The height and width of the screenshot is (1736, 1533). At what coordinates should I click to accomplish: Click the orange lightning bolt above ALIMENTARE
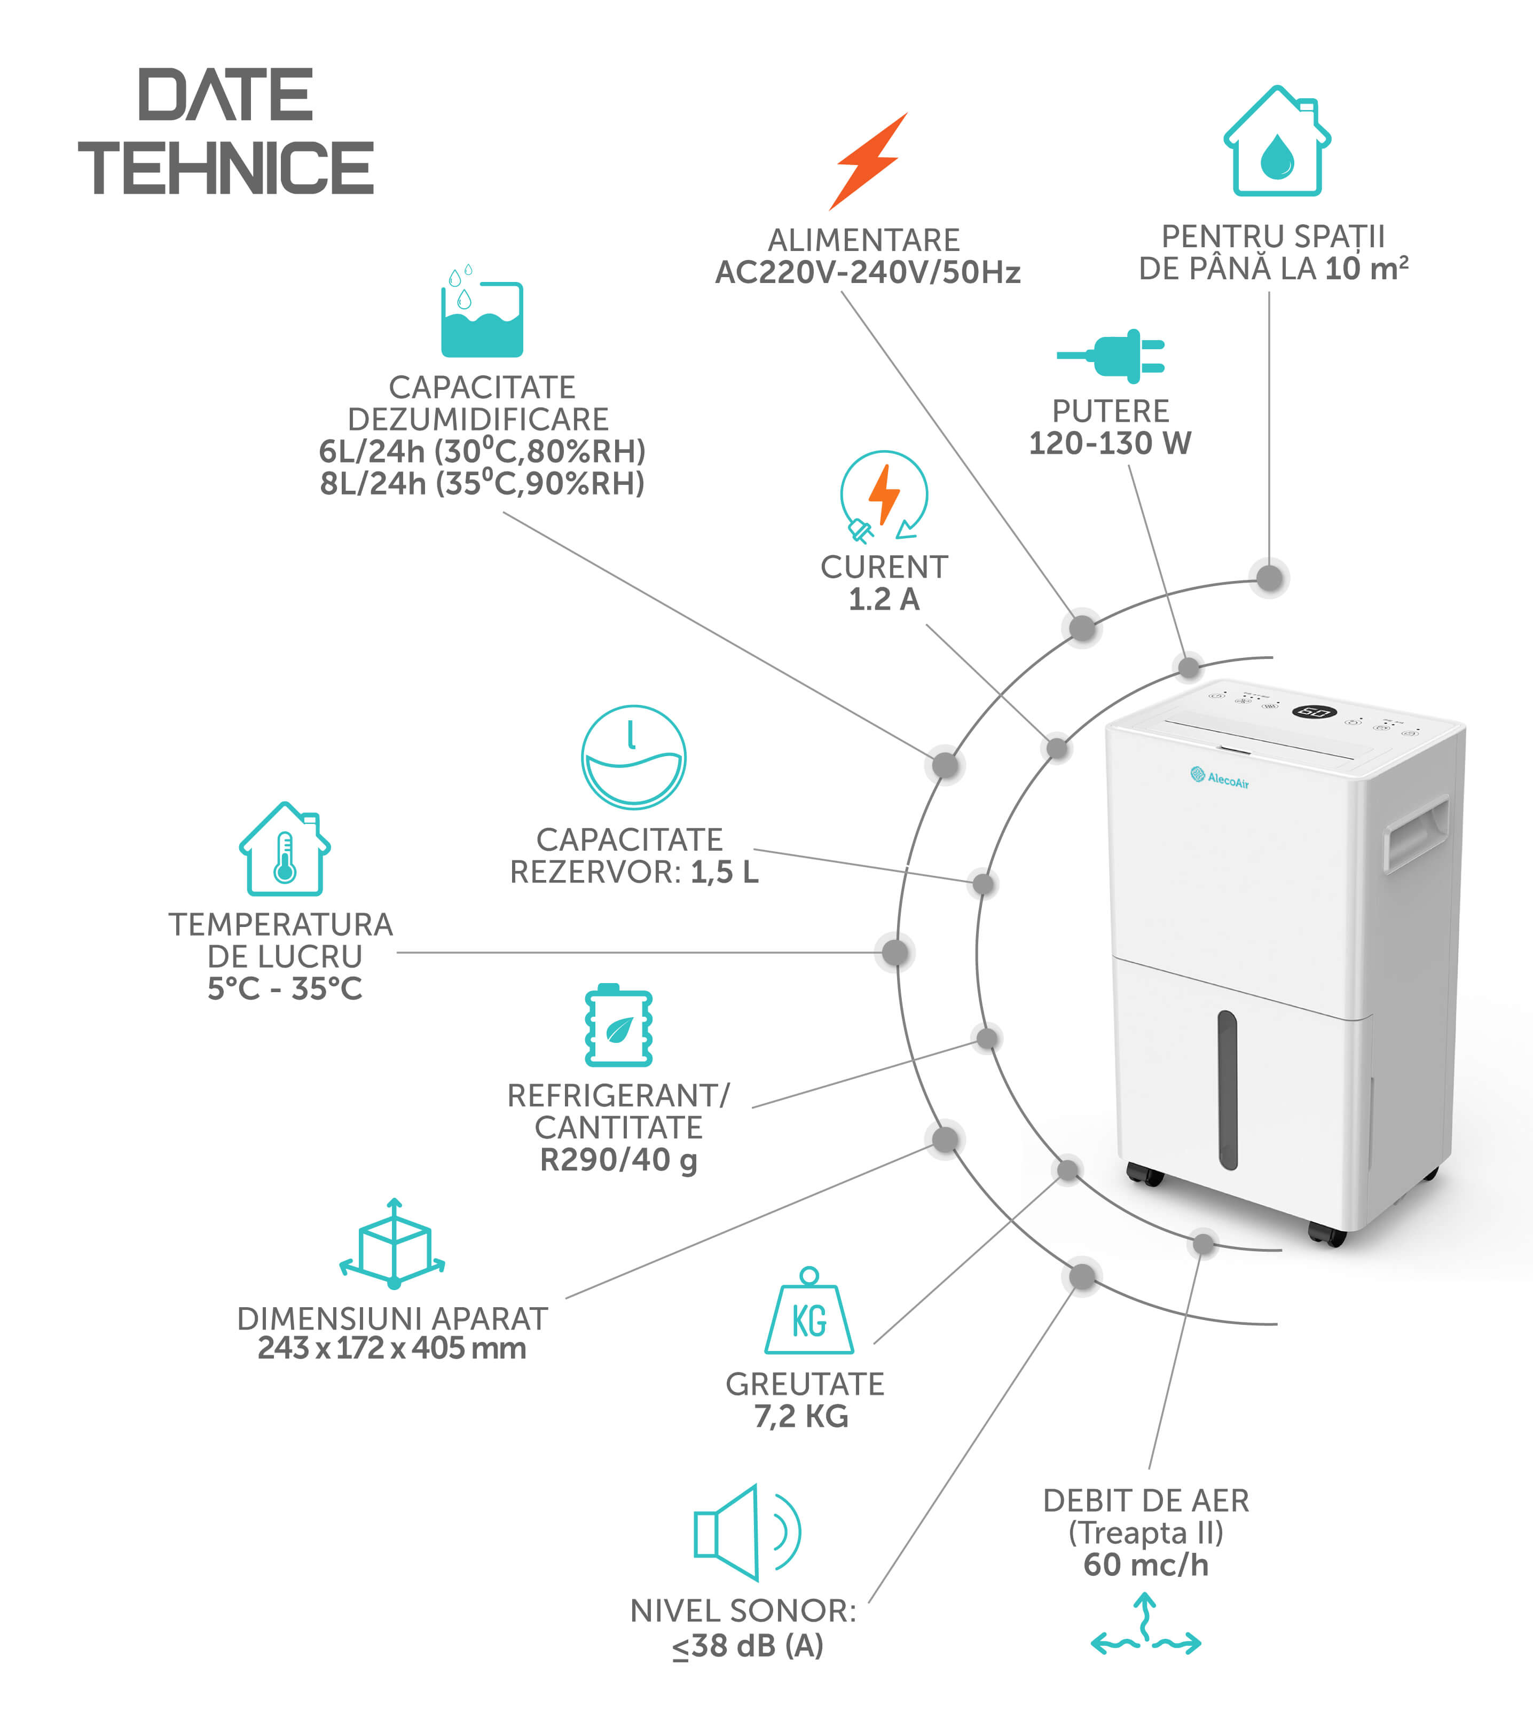coord(868,161)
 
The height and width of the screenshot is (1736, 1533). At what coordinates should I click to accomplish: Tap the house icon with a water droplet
coord(1277,142)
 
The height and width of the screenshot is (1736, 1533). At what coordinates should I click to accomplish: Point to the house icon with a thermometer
coord(285,850)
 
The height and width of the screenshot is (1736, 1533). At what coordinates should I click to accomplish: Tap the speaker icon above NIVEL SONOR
coord(746,1533)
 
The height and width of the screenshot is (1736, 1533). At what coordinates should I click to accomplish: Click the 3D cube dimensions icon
coord(392,1244)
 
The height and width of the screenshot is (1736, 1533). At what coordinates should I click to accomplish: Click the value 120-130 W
coord(1110,443)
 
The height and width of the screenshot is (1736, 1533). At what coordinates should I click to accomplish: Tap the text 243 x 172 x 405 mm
coord(391,1348)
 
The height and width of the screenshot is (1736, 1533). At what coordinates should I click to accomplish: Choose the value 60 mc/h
coord(1146,1565)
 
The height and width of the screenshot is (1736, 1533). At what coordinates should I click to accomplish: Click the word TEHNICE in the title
coord(226,168)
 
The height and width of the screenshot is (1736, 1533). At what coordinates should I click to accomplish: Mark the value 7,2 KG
coord(802,1416)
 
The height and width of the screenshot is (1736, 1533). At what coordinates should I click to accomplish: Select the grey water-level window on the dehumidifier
coord(1227,1090)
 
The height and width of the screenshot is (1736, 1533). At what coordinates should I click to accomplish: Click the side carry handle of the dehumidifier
coord(1417,832)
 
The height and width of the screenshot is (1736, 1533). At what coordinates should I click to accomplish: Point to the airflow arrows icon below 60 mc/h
coord(1146,1627)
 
